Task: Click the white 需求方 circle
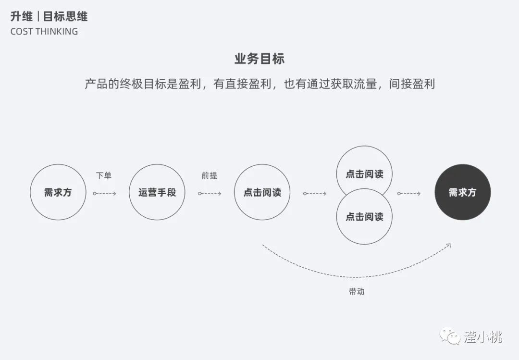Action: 58,192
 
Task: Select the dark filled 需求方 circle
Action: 462,192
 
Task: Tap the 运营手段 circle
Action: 157,192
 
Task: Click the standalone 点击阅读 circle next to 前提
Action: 262,192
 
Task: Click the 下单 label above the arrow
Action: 104,175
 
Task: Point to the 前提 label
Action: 210,175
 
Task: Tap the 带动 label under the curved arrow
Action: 357,291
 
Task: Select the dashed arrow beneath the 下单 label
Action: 105,193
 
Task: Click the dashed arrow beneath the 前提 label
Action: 210,193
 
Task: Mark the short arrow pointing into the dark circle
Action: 409,193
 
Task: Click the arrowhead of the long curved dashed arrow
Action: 448,245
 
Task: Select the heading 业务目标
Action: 259,59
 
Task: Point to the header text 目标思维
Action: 65,17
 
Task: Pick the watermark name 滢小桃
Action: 482,336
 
